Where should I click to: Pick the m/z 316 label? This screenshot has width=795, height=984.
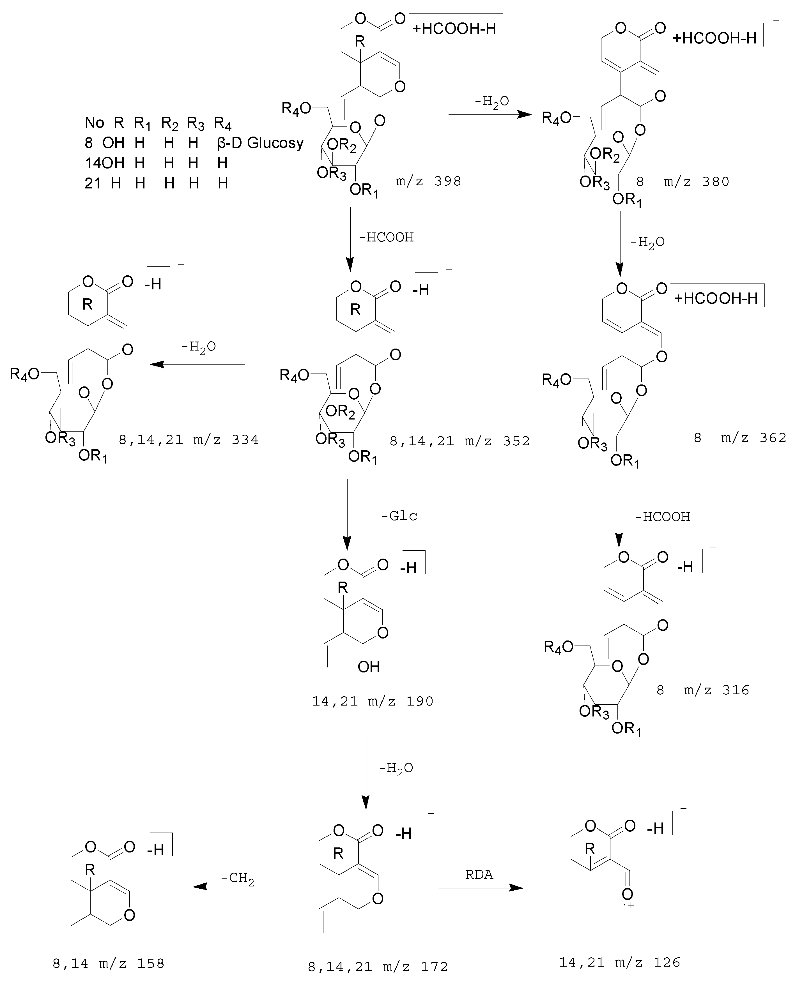click(716, 690)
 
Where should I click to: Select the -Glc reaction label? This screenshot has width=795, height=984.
click(399, 516)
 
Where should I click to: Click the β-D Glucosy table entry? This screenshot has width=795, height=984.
click(260, 143)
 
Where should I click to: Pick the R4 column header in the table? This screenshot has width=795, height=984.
click(223, 124)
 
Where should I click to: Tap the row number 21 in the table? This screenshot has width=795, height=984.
click(93, 183)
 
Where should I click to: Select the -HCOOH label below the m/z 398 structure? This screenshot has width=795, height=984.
click(387, 237)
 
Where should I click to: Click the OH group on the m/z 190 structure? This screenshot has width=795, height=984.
click(369, 666)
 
